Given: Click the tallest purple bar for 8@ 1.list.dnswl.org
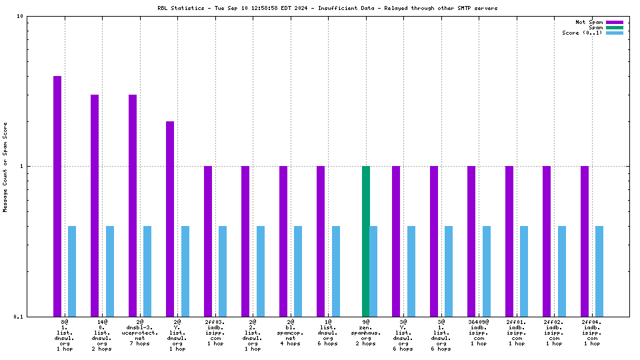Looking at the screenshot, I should tap(57, 196).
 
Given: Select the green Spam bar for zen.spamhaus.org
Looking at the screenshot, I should tap(366, 241).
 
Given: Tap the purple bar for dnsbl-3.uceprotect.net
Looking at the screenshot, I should tap(133, 205).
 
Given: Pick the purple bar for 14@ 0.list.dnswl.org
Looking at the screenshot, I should tap(95, 205).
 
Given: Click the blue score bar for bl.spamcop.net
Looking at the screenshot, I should tap(298, 271).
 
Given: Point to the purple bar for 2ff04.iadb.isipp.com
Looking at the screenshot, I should tap(585, 241).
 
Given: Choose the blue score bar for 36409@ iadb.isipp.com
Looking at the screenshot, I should tap(487, 271).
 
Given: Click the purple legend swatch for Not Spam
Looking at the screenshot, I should tap(614, 22).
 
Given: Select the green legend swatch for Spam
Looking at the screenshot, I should tap(614, 27).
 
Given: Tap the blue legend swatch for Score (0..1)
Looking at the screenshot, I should tap(614, 33).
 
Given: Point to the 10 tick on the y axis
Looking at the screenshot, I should tap(20, 17).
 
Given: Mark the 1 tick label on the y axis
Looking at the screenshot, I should tap(22, 166).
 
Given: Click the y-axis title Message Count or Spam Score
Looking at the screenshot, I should tap(5, 167).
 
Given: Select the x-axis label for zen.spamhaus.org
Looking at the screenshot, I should tap(366, 335).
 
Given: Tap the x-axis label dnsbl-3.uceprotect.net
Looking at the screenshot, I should tap(140, 335).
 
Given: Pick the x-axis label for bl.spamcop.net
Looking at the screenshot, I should tap(291, 335).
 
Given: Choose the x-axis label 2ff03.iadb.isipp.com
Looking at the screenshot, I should tap(215, 335).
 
